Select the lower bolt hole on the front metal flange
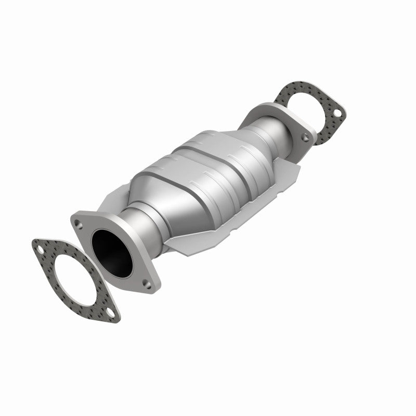click(x=147, y=284)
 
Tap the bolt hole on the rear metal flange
click(x=306, y=137)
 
